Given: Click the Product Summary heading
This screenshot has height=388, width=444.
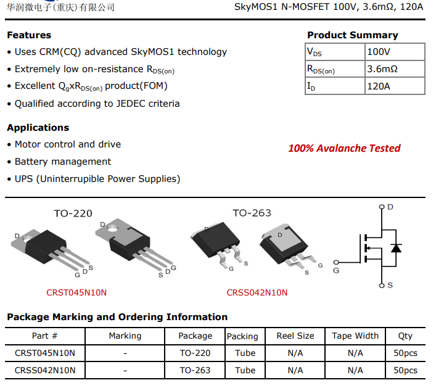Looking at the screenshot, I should [352, 35].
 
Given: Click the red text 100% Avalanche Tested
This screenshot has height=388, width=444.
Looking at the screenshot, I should [344, 148].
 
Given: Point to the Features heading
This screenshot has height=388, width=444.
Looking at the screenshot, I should [29, 35].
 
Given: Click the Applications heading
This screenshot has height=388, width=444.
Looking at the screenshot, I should [38, 128].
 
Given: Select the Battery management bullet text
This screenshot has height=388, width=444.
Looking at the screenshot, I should [63, 162].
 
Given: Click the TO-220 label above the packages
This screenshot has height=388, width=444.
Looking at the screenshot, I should [73, 213].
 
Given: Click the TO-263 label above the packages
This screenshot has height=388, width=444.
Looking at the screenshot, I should [252, 213].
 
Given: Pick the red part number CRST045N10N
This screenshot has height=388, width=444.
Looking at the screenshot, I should [76, 292].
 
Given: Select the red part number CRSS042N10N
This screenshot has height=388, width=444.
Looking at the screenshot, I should [257, 292].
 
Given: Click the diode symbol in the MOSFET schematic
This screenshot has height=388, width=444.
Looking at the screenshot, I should [396, 248].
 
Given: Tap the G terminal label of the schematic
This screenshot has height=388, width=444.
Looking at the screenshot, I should [336, 270].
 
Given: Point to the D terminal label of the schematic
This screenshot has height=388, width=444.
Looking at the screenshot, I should [390, 207].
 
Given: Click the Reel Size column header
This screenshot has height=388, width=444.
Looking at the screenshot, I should [295, 336].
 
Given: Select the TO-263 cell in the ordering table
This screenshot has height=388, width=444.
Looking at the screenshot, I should [195, 370].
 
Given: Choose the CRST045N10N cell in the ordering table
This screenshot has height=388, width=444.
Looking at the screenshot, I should [45, 353].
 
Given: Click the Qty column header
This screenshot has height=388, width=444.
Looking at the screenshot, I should [405, 336].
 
